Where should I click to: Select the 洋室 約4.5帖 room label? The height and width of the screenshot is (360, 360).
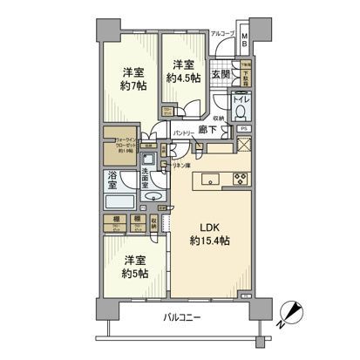[182, 71]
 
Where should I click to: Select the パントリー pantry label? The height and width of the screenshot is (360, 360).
[182, 132]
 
